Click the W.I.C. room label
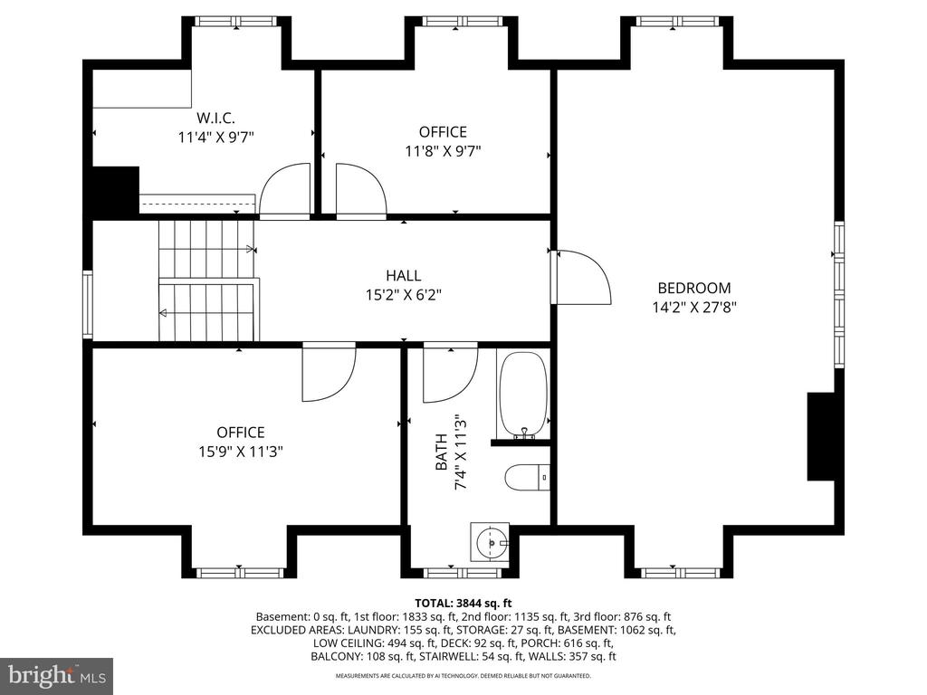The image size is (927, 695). (215, 118)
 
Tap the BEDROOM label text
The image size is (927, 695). (694, 288)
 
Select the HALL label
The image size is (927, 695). (403, 275)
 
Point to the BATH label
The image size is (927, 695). (442, 452)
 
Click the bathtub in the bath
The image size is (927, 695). (522, 395)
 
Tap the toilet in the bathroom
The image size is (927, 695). (528, 477)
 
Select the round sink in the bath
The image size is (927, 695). (490, 541)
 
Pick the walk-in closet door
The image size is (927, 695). (285, 190)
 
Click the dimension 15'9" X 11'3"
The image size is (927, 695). (241, 452)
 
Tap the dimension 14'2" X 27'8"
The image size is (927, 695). (694, 308)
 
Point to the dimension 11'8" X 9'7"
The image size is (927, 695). (443, 151)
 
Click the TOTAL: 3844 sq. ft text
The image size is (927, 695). (463, 604)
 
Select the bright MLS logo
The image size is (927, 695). (57, 675)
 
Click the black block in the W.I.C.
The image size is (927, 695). (114, 190)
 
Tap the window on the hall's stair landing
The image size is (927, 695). (88, 305)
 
